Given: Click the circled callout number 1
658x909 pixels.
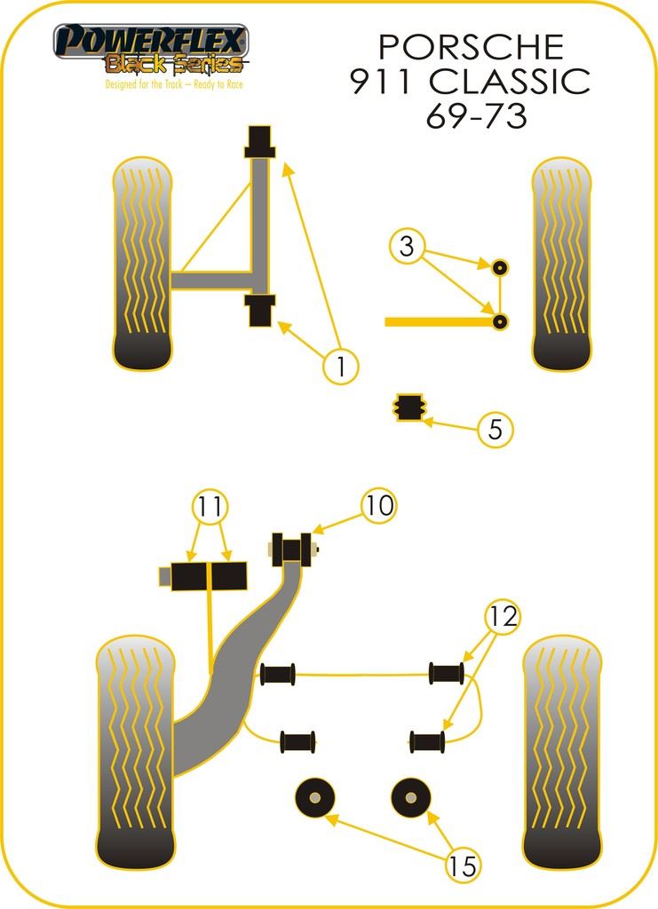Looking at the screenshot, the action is pos(341,367).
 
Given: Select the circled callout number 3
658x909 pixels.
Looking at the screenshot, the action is pos(407,247).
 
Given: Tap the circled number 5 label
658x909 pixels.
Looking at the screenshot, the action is pos(495,429).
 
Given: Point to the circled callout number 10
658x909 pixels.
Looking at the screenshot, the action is pos(379,505).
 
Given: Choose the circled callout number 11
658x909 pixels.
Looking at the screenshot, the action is pos(210,507).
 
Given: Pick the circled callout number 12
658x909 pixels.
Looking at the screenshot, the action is pos(503,616).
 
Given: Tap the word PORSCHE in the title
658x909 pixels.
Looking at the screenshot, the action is pos(472,47).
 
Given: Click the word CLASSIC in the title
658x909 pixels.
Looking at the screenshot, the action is pos(510,81).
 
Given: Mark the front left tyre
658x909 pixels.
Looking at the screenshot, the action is pos(143,264).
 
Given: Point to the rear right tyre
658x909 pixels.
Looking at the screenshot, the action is pos(562,753).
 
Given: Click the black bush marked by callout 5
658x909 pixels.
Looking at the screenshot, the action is pos(409,407).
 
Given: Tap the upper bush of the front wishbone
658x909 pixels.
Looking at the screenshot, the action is pos(259,141).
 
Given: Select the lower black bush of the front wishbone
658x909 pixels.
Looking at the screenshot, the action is pos(259,311).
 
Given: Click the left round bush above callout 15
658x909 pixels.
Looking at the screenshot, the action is pos(315,798).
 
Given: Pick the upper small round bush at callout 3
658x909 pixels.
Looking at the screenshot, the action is pos(500,268).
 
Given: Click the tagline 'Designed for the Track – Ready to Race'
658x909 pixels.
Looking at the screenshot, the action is pos(174,84).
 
